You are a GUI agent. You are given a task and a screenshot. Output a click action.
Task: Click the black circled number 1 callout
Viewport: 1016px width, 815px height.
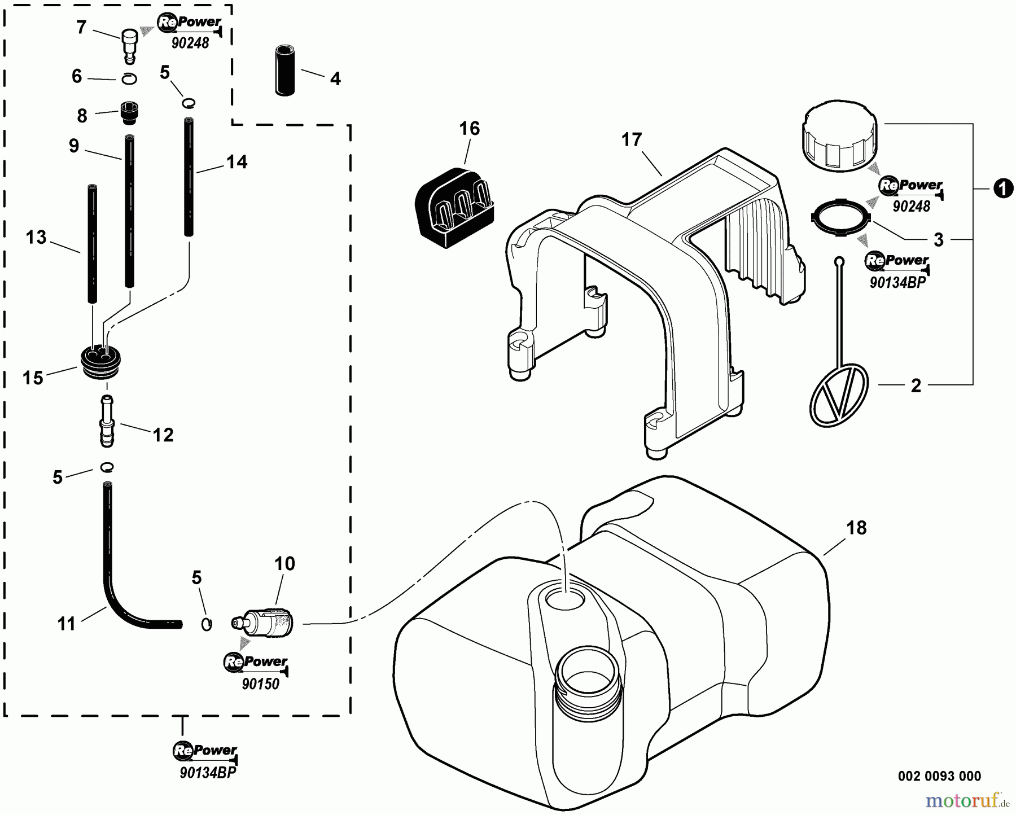(1002, 189)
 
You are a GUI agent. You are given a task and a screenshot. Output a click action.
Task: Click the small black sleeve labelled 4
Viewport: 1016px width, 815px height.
(286, 71)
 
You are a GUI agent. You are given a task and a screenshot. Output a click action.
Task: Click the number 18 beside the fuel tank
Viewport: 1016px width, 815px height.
(856, 528)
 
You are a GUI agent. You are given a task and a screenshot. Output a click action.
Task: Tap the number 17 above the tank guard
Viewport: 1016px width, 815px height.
(632, 139)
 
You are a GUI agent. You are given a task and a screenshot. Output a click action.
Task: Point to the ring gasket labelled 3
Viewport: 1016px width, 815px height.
(839, 216)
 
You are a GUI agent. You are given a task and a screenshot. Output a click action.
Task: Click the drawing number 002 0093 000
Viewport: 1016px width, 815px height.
(939, 776)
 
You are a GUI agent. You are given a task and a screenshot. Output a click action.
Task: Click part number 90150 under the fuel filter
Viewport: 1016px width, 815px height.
(260, 684)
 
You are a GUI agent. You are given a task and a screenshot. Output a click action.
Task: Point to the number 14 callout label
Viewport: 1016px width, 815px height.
(237, 162)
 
